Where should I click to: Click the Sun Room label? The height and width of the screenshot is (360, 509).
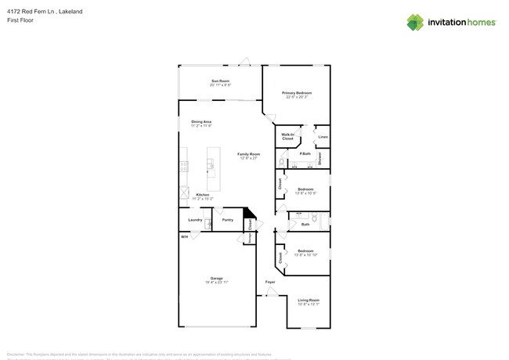(219, 81)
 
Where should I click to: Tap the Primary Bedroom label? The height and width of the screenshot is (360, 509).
(297, 93)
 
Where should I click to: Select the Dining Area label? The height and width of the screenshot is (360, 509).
(201, 121)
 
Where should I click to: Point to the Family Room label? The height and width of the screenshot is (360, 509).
(248, 154)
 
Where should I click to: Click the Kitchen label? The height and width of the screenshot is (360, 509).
(202, 195)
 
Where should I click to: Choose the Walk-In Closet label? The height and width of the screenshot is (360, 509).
(287, 137)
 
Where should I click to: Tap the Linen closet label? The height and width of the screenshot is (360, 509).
(323, 137)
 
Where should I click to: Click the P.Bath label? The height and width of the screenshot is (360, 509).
(305, 153)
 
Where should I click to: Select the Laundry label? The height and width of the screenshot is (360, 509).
(195, 220)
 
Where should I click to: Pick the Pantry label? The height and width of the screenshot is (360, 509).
(227, 220)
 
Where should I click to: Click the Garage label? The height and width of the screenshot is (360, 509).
(216, 278)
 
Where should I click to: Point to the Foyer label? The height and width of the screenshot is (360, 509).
(269, 282)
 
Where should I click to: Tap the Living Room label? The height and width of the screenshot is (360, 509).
(309, 300)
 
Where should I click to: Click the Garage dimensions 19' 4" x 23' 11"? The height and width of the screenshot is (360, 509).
(216, 282)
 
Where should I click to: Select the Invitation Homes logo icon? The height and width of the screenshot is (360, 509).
(415, 22)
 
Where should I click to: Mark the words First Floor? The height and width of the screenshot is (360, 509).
(20, 20)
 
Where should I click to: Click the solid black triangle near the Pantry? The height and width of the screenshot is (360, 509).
(250, 212)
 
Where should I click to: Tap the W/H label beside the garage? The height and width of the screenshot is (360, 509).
(185, 236)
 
